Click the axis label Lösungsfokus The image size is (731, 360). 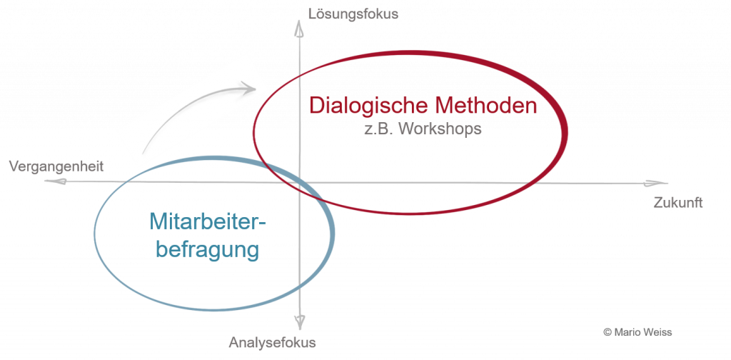coord(353,14)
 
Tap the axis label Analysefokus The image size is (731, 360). coord(272,343)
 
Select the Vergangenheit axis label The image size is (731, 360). coord(56,166)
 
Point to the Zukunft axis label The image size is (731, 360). coord(678,203)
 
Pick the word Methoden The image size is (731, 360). coord(486,105)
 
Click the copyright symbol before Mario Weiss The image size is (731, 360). coord(607,332)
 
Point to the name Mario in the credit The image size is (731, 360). coord(628,332)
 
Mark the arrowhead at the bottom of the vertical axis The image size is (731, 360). coord(300,321)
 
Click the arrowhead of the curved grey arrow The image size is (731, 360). coord(248,87)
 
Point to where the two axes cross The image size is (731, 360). coord(299,182)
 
